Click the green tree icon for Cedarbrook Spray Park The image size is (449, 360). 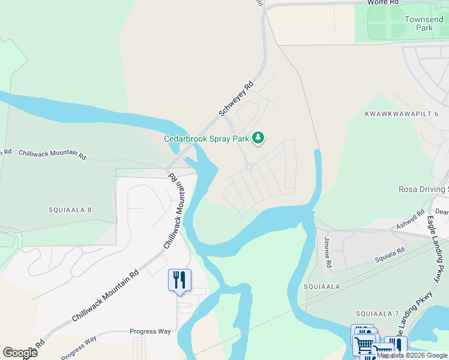[258, 139]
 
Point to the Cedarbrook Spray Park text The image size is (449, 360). [206, 139]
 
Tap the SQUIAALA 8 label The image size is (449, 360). [70, 210]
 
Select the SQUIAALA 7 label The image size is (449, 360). [377, 314]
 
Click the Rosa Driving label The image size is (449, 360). [423, 190]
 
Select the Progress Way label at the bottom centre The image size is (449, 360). [151, 331]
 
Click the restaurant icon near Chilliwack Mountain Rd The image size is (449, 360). [179, 280]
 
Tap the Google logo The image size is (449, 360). [20, 352]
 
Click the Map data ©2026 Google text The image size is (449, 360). [412, 355]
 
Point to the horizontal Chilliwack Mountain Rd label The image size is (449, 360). [52, 154]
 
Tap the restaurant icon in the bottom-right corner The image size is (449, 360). [396, 346]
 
